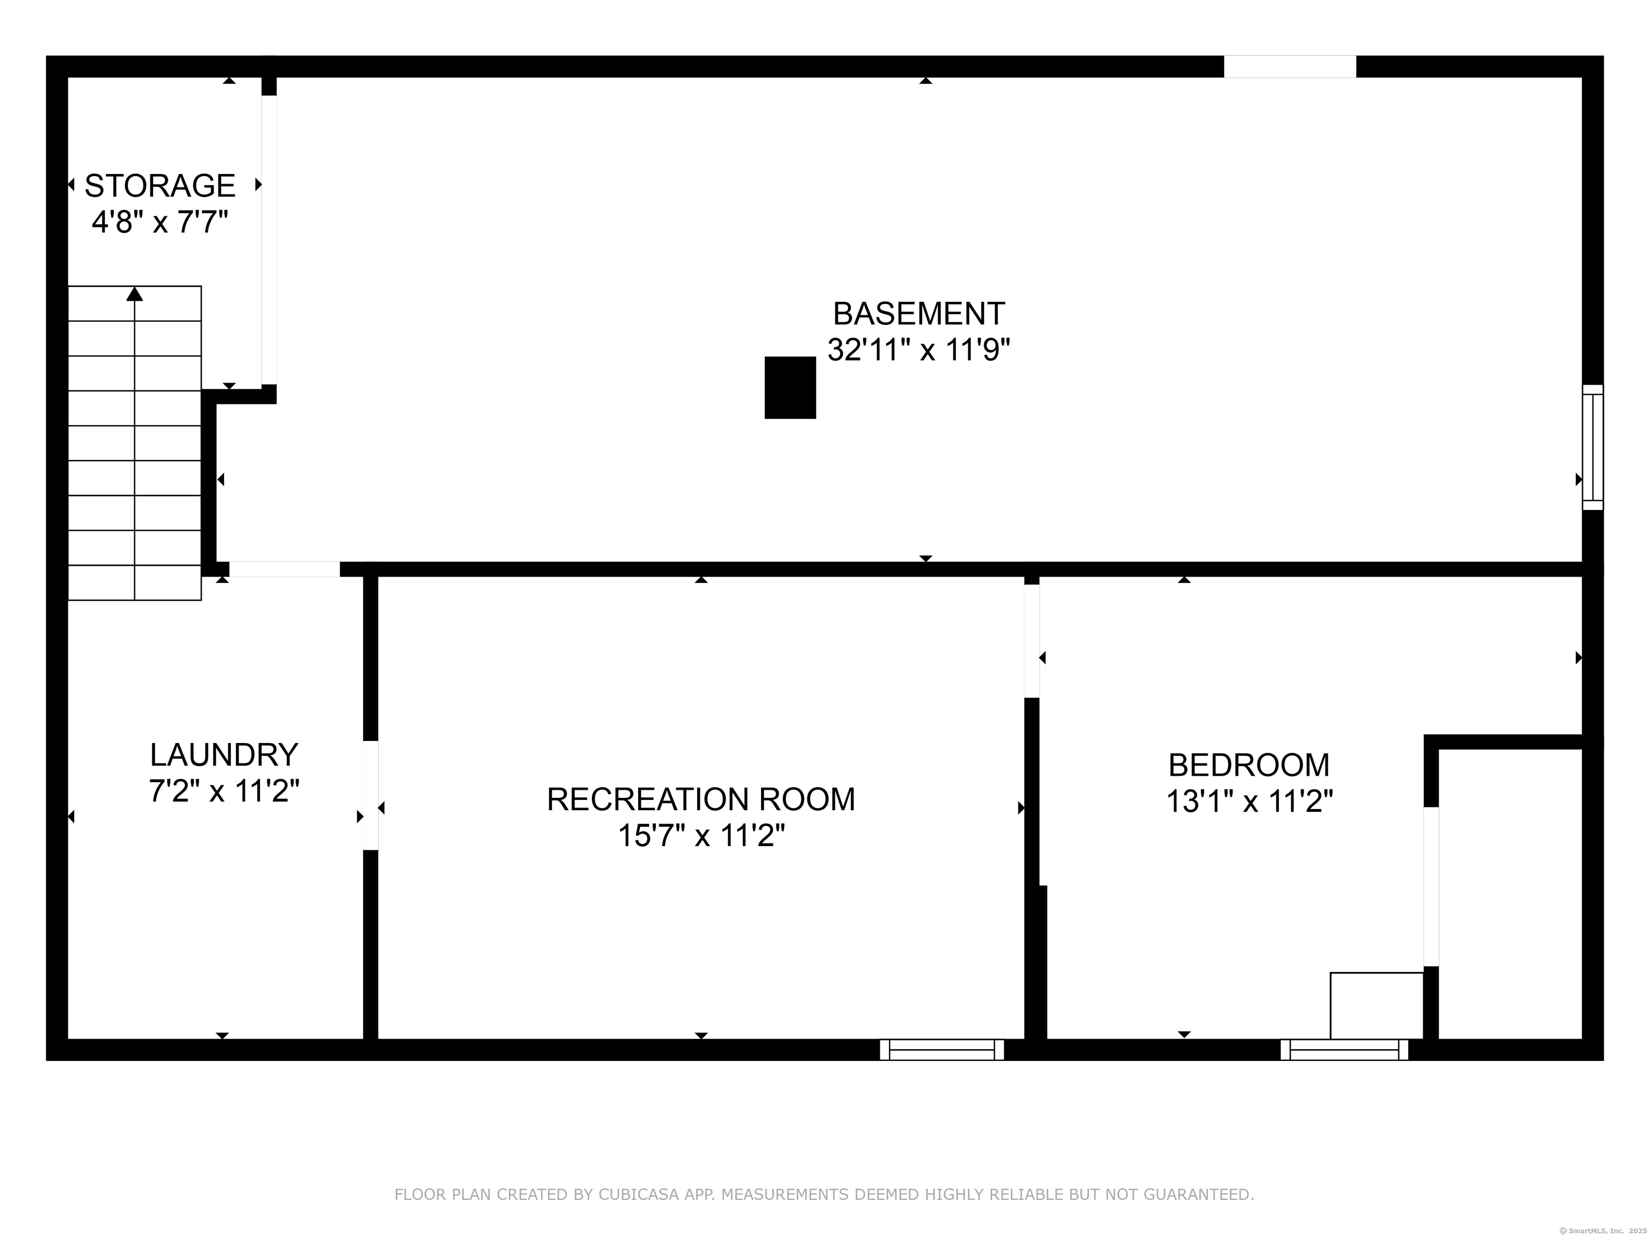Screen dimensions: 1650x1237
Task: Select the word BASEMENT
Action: pyautogui.click(x=918, y=314)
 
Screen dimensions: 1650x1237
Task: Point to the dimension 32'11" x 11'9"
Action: pyautogui.click(x=918, y=349)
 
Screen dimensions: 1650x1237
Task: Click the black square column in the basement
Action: pyautogui.click(x=790, y=388)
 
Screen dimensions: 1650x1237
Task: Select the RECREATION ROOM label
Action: pyautogui.click(x=700, y=799)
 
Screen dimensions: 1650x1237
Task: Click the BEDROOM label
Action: pyautogui.click(x=1249, y=765)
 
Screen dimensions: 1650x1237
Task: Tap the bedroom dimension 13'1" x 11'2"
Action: pyautogui.click(x=1249, y=802)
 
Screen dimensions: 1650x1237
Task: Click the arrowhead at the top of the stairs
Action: pyautogui.click(x=134, y=294)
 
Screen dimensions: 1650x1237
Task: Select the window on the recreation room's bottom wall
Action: pyautogui.click(x=942, y=1050)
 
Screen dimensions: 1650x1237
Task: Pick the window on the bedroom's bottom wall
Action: pyautogui.click(x=1344, y=1050)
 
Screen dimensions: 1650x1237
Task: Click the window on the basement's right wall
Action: pyautogui.click(x=1593, y=447)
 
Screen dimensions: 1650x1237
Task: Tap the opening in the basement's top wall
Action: pyautogui.click(x=1290, y=67)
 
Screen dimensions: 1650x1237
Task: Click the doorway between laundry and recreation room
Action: pyautogui.click(x=371, y=795)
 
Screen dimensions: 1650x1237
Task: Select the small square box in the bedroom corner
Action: pyautogui.click(x=1376, y=1005)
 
